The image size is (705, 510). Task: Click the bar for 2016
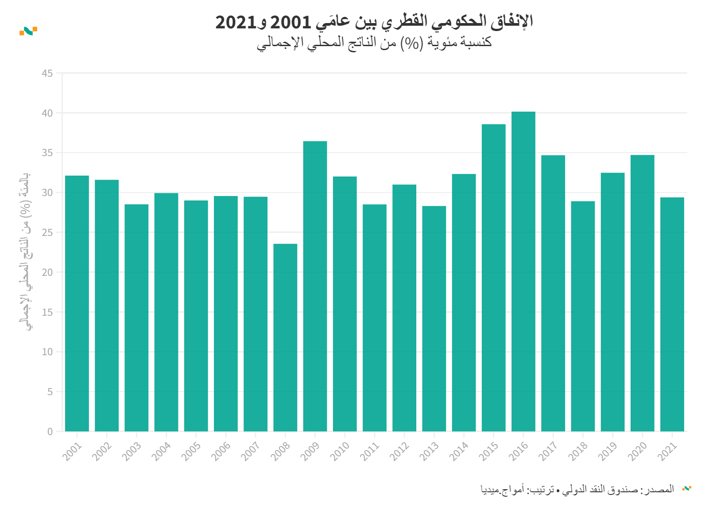tap(523, 271)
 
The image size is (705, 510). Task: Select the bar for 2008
tap(285, 337)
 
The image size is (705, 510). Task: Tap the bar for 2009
tap(315, 286)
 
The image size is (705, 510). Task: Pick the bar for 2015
tap(493, 278)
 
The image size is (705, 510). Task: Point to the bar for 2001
tap(77, 303)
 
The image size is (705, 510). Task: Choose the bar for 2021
tap(672, 314)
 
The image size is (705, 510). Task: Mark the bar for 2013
tap(434, 318)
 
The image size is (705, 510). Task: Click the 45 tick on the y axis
tap(47, 73)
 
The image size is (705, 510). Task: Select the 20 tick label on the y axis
tap(47, 272)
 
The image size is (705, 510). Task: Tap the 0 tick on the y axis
tap(50, 432)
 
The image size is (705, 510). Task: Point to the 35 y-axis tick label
tap(47, 153)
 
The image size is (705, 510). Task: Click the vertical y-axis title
tap(26, 251)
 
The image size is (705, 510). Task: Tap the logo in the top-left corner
tap(28, 31)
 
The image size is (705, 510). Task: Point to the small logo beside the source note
tap(686, 489)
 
